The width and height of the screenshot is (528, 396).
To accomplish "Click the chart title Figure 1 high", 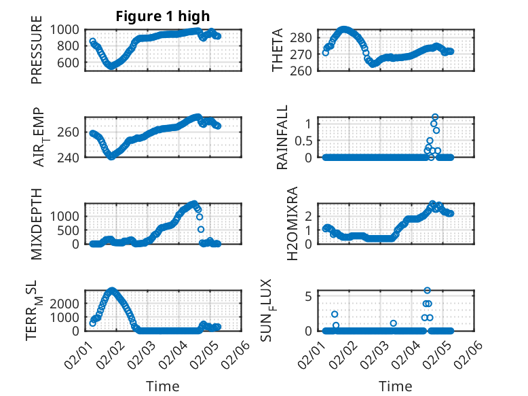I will [x=161, y=16].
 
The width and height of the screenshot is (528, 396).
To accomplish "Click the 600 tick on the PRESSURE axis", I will [x=70, y=62].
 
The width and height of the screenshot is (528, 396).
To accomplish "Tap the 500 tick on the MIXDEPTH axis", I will [x=70, y=230].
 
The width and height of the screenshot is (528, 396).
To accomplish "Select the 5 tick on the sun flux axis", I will [x=309, y=296].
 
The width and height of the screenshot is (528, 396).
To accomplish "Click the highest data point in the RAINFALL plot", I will [x=435, y=117].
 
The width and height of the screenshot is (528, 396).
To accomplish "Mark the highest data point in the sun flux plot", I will [x=428, y=291].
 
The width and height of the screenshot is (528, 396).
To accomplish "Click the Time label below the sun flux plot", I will [x=395, y=386].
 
